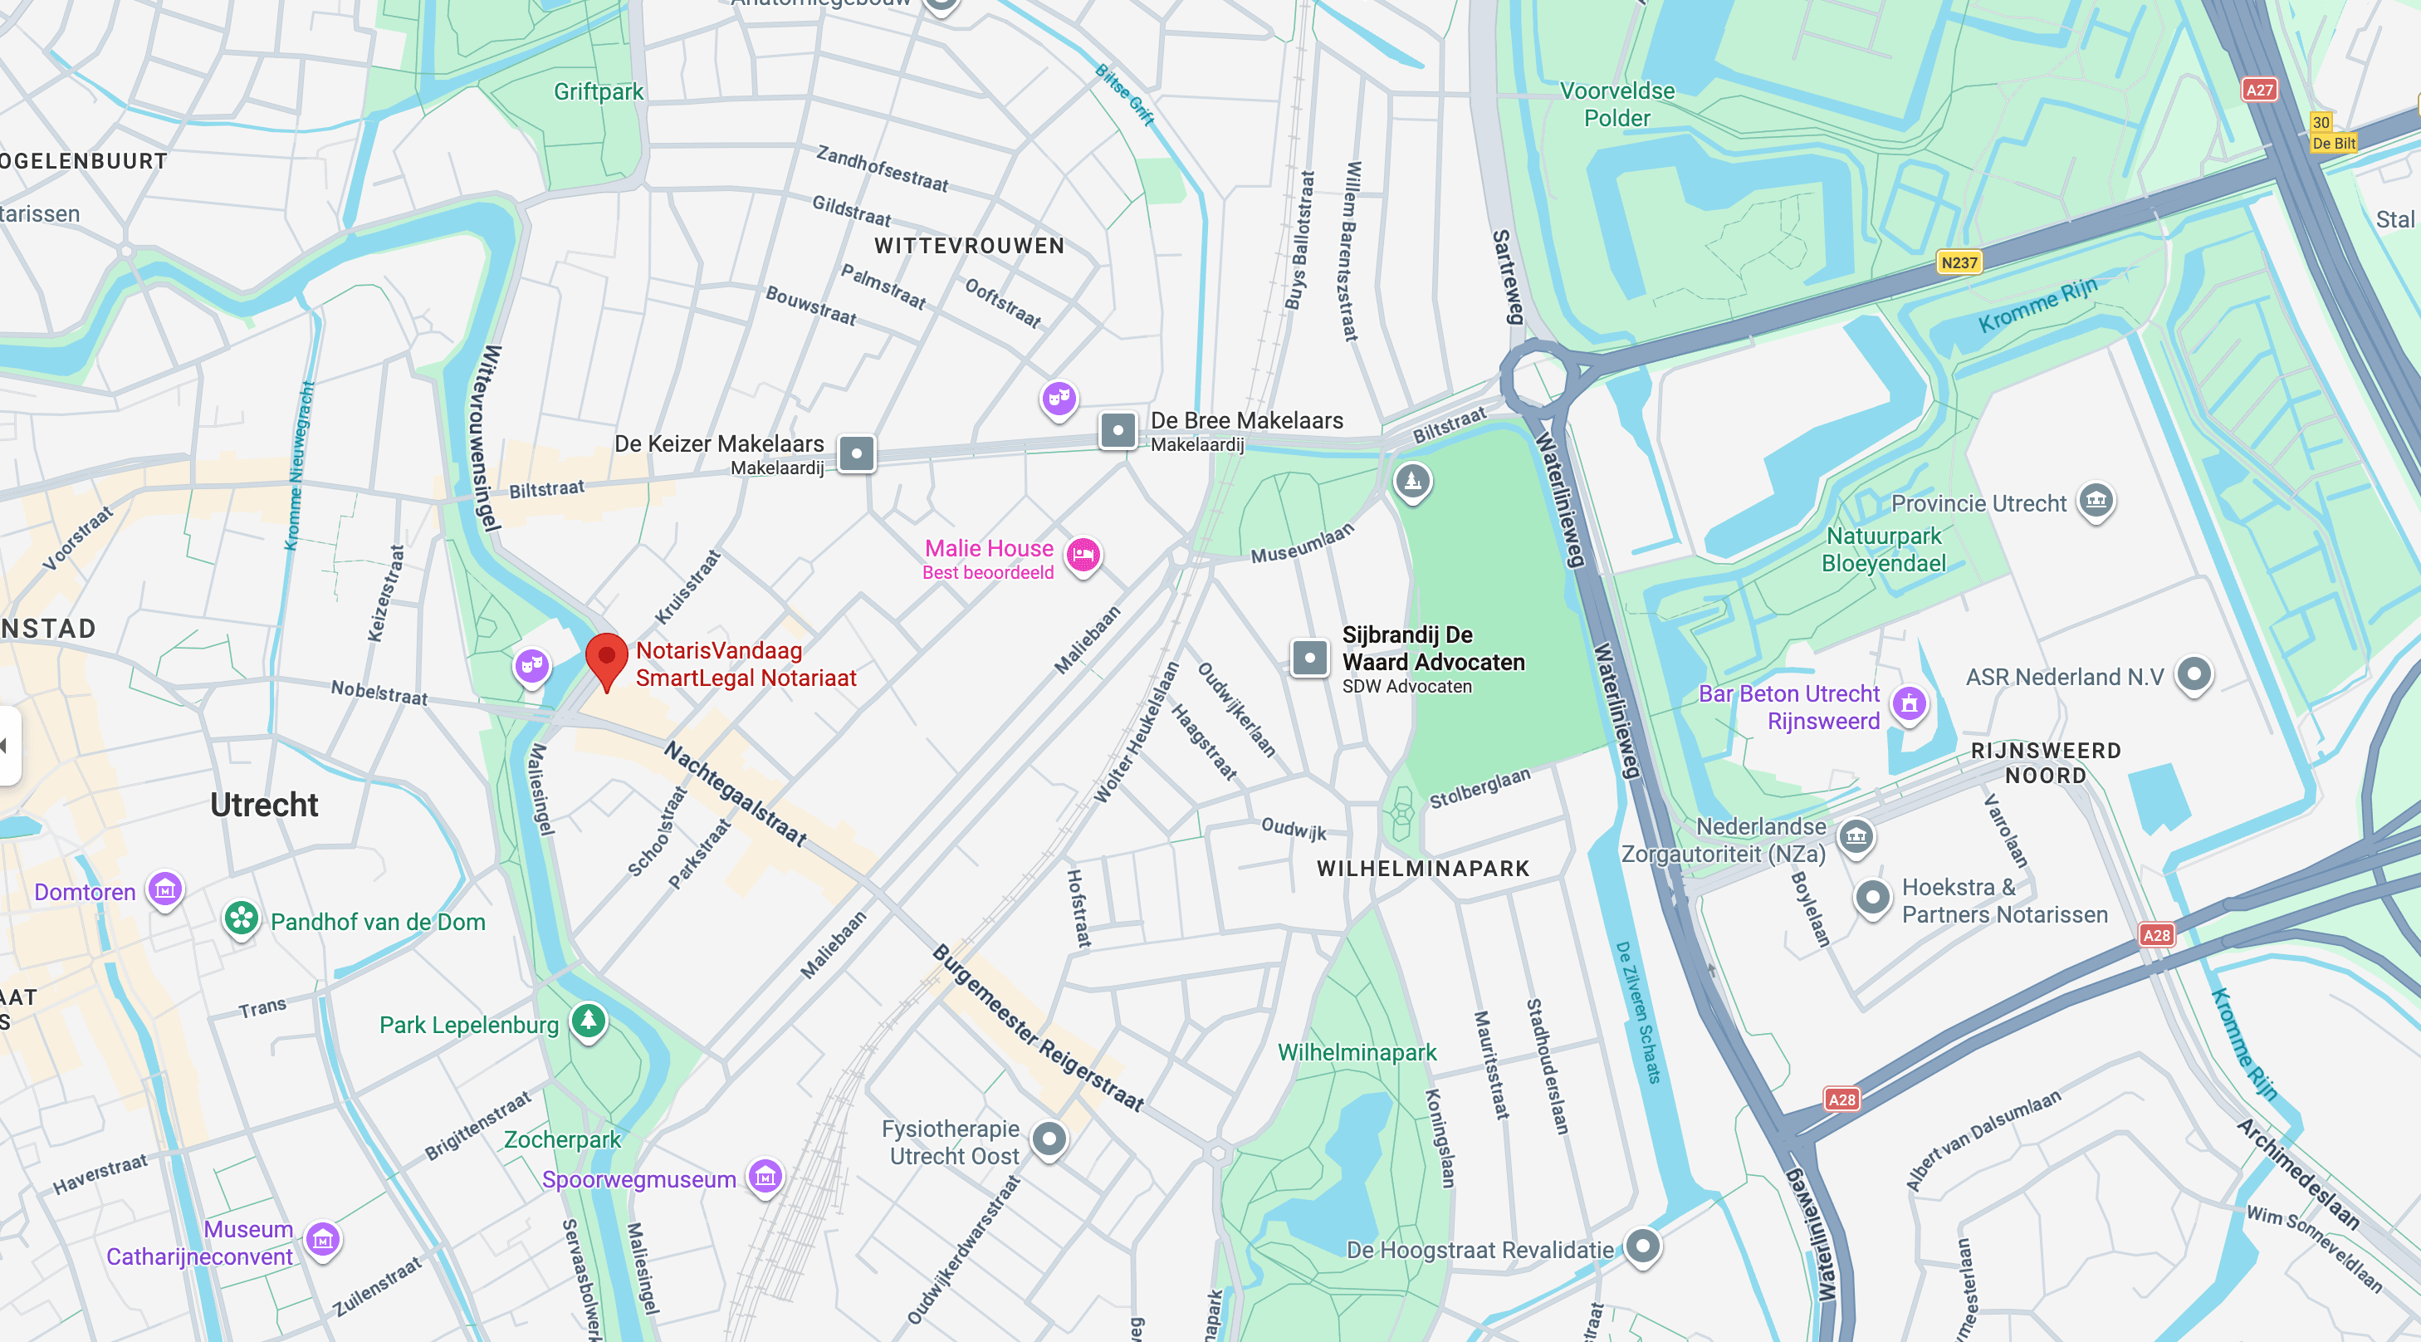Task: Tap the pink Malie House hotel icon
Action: tap(1083, 555)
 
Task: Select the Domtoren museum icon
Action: tap(165, 887)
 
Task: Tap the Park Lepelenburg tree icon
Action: tap(589, 1020)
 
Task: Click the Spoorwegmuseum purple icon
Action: tap(765, 1175)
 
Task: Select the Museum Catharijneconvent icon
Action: tap(322, 1239)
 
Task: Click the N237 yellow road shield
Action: tap(1959, 262)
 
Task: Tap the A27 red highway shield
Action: tap(2258, 90)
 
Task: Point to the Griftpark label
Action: tap(598, 92)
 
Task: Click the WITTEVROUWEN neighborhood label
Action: tap(969, 246)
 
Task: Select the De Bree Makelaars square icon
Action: tap(1118, 431)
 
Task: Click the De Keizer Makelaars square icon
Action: tap(856, 454)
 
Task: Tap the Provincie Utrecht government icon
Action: tap(2095, 499)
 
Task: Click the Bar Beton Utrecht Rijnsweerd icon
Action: tap(1909, 702)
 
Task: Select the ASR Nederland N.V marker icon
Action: tap(2194, 673)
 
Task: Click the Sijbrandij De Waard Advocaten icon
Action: tap(1309, 658)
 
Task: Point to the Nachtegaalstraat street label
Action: tap(735, 793)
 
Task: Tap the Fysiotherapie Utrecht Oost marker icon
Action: tap(1049, 1139)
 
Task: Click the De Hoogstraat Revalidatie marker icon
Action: tap(1642, 1246)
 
